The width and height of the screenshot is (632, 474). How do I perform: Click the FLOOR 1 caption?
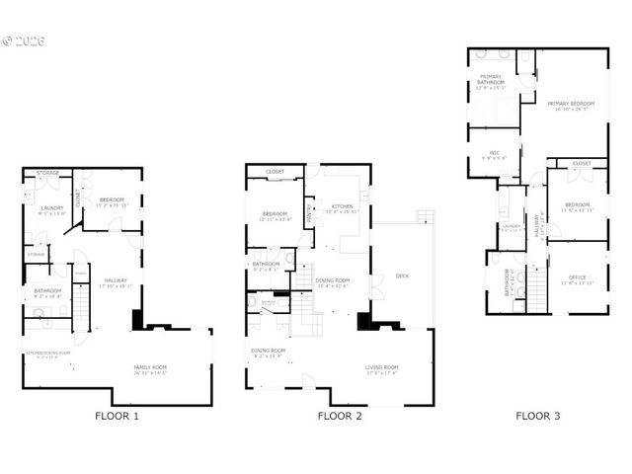click(x=117, y=416)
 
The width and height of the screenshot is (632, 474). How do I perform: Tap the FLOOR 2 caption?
click(x=340, y=416)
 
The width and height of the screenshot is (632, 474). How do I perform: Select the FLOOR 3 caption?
click(x=537, y=416)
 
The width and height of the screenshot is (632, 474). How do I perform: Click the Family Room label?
click(x=151, y=367)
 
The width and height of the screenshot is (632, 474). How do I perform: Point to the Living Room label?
click(x=382, y=367)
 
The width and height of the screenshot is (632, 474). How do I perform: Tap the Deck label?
click(x=402, y=276)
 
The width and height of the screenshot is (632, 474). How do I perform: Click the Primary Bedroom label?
click(x=571, y=104)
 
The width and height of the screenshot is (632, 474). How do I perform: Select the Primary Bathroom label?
click(x=490, y=78)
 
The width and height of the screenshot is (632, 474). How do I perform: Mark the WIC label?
click(x=481, y=152)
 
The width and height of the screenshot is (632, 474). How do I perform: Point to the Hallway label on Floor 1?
click(x=116, y=280)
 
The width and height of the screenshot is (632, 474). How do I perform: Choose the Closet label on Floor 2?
click(x=275, y=172)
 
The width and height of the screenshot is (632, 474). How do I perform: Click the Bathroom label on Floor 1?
click(x=47, y=290)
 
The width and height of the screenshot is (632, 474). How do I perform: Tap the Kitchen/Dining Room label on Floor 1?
click(x=47, y=354)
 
